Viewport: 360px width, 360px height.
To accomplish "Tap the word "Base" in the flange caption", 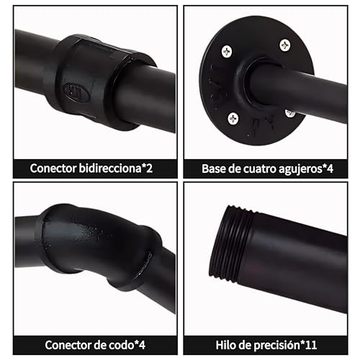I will pyautogui.click(x=215, y=168).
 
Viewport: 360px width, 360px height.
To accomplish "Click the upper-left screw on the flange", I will pyautogui.click(x=227, y=51).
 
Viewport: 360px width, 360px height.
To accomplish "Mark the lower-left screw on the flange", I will pyautogui.click(x=233, y=117).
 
